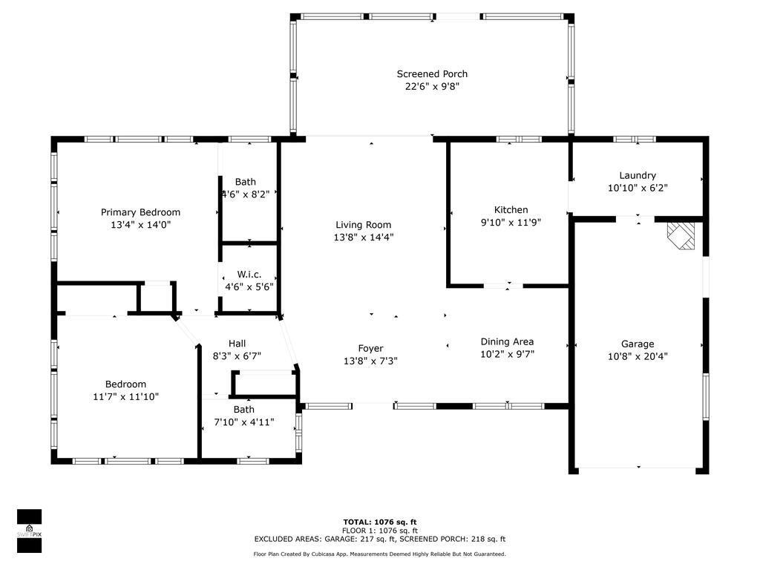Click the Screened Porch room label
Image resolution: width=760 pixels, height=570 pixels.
pos(432,74)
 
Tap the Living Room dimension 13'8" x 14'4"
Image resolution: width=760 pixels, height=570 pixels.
pos(364,237)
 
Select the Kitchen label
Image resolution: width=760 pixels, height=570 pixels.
pos(511,210)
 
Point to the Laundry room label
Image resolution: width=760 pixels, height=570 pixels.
pos(638,175)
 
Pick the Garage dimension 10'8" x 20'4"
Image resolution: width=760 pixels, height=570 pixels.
pos(638,356)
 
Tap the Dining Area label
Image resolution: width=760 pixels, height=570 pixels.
pos(507,341)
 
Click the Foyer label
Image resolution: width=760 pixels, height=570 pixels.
pos(371,349)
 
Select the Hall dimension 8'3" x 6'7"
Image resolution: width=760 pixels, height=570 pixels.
pos(237,356)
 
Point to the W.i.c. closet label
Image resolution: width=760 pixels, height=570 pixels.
pos(249,275)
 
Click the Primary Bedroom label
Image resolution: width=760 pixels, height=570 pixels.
pos(140,212)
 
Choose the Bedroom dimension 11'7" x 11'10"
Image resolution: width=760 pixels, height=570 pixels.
pos(126,396)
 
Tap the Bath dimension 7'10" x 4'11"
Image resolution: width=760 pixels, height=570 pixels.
pos(243,422)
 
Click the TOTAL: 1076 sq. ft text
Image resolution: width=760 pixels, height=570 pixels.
pos(380,522)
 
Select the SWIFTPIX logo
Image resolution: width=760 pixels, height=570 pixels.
pos(30,531)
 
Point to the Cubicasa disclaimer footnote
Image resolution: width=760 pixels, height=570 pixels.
pos(379,554)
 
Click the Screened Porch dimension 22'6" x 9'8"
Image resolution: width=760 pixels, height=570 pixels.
pos(433,87)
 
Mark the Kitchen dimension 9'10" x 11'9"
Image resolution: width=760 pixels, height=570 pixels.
pos(511,223)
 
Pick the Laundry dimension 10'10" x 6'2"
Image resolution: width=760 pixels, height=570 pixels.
pos(638,188)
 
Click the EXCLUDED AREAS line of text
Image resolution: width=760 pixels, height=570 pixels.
pos(380,539)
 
